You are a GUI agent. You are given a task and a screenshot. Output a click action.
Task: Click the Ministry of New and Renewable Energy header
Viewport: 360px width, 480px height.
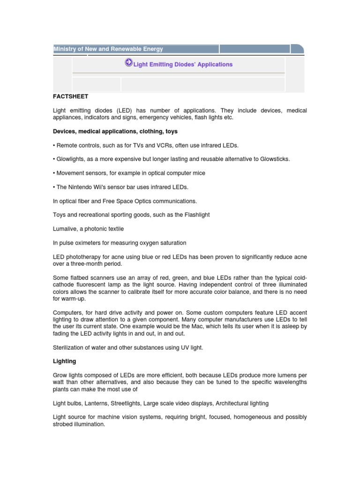coord(108,49)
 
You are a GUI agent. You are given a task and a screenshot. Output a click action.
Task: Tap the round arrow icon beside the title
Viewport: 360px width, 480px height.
coord(128,63)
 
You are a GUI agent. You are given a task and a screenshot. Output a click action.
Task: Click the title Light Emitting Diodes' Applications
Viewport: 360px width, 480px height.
coord(183,64)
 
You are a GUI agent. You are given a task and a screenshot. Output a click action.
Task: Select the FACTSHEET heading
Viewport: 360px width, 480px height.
coord(70,97)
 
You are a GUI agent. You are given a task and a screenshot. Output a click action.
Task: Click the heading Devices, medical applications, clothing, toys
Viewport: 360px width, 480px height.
coord(115,131)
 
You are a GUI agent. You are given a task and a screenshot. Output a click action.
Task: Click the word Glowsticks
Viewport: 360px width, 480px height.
coord(274,159)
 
